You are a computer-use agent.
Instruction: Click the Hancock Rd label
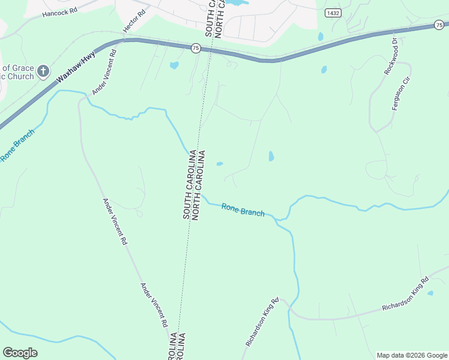tap(61, 11)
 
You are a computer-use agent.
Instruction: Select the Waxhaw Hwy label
tap(76, 70)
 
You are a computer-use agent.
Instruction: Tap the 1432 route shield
tap(332, 13)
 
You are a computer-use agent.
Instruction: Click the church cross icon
tap(43, 72)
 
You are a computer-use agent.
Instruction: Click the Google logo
tap(20, 353)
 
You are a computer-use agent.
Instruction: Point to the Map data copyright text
tap(411, 355)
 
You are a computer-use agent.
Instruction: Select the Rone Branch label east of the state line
tap(243, 209)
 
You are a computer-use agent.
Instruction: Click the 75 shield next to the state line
tap(196, 49)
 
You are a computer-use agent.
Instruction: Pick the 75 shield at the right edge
tap(439, 25)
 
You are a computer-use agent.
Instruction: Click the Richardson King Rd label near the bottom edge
tap(262, 322)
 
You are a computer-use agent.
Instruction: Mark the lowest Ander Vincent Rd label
tap(154, 305)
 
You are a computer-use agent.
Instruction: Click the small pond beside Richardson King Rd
tap(430, 293)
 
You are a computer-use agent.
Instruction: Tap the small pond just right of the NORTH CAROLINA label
tap(220, 163)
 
